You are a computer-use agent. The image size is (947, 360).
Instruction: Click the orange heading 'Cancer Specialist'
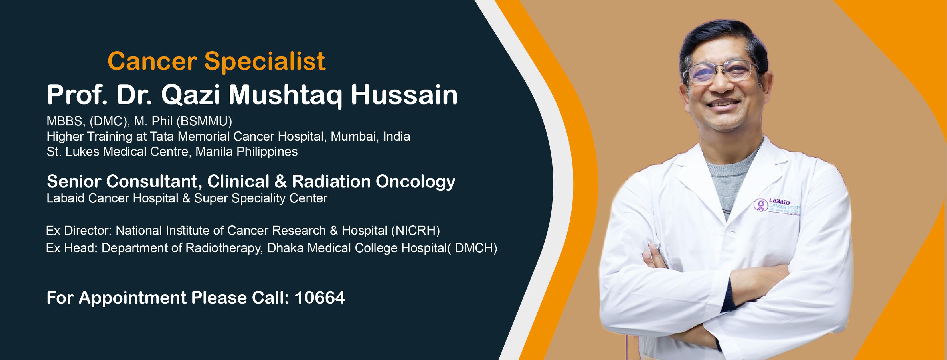216,61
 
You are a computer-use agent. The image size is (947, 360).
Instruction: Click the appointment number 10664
320,298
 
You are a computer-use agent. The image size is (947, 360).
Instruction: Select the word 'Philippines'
267,152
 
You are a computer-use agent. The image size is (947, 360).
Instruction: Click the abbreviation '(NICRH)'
415,231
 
